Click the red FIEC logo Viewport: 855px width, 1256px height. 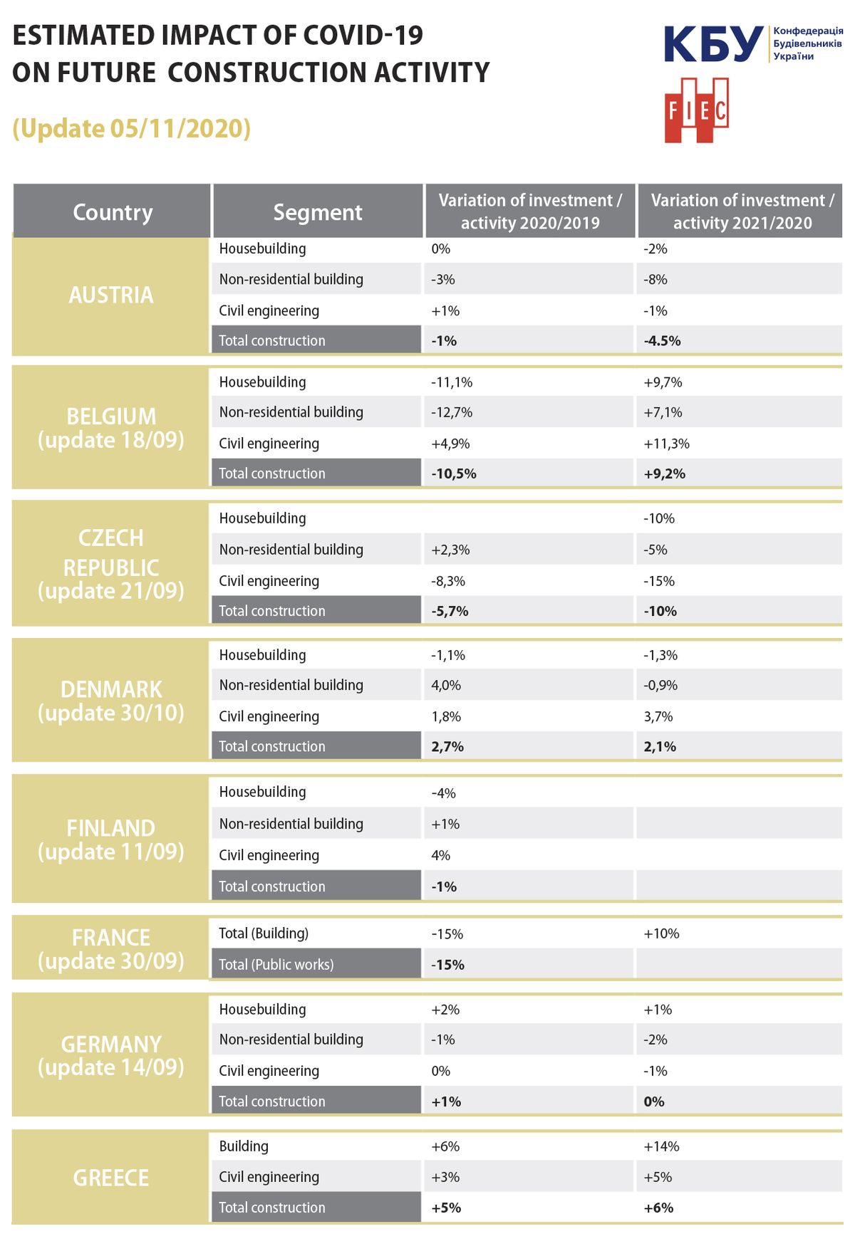pos(696,110)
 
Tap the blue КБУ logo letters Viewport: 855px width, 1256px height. pos(713,44)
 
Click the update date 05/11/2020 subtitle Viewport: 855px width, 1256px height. pos(132,129)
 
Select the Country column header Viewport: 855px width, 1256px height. pos(113,211)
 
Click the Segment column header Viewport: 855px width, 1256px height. pos(317,211)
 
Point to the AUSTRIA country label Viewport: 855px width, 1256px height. pos(111,295)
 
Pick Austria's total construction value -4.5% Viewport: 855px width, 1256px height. pos(663,341)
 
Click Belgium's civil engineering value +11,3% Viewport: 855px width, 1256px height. pos(666,444)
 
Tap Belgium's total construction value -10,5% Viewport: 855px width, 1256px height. pos(454,473)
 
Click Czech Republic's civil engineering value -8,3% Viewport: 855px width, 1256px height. pos(448,581)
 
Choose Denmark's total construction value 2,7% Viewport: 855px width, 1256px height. pos(447,746)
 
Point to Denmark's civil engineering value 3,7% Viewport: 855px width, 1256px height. pos(658,716)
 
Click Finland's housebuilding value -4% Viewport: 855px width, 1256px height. pos(443,793)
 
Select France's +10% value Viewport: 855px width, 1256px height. pos(661,933)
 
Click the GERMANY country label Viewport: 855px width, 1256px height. pos(111,1044)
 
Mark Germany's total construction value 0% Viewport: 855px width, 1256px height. pos(654,1101)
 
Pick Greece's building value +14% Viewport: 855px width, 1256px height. pos(661,1146)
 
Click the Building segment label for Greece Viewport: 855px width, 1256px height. pos(244,1146)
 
